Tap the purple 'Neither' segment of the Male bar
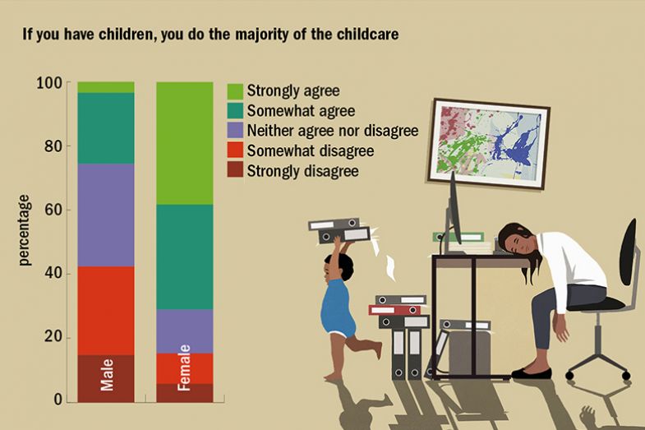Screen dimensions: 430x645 (106, 215)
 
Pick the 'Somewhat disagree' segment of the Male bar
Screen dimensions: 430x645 (106, 310)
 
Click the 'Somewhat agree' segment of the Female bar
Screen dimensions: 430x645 (185, 257)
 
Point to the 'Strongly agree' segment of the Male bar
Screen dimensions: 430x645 (106, 87)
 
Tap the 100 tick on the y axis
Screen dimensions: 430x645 (49, 83)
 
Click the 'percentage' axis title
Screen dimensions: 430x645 (24, 229)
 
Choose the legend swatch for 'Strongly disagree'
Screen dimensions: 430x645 (234, 171)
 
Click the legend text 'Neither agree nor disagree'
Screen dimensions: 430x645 (333, 131)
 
